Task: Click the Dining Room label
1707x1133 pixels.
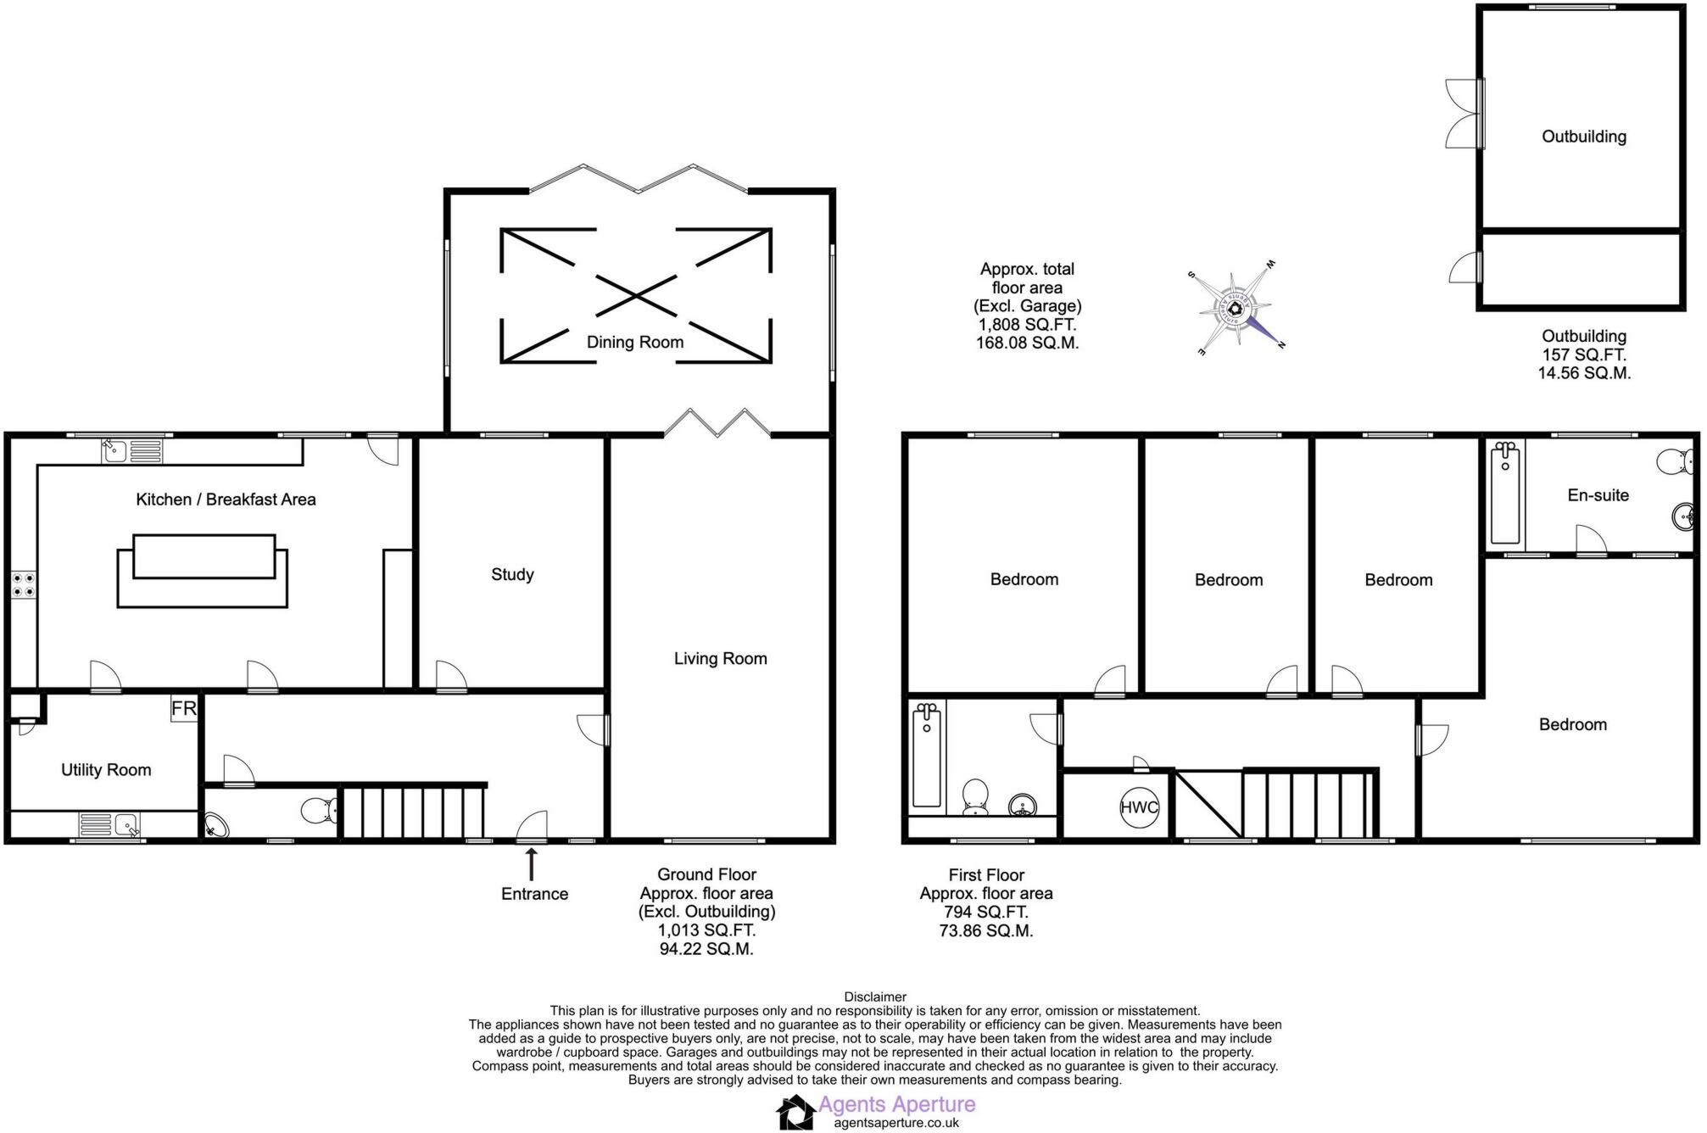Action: point(634,342)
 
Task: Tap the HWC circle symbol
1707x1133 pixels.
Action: point(1138,807)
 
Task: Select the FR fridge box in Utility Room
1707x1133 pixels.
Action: point(184,708)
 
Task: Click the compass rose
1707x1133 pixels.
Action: point(1236,307)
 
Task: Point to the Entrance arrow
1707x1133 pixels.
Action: point(532,865)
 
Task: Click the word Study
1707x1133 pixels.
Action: point(512,574)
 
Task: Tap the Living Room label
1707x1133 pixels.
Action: point(720,658)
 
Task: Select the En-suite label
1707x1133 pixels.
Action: point(1598,495)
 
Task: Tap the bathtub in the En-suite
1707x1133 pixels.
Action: point(1505,493)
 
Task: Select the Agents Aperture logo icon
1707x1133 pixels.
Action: point(795,1112)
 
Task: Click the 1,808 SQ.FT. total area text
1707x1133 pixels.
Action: point(1027,325)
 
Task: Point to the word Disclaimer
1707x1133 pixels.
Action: point(875,997)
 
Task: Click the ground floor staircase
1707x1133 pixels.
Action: point(413,812)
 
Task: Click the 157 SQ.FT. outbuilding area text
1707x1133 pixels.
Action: point(1583,354)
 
